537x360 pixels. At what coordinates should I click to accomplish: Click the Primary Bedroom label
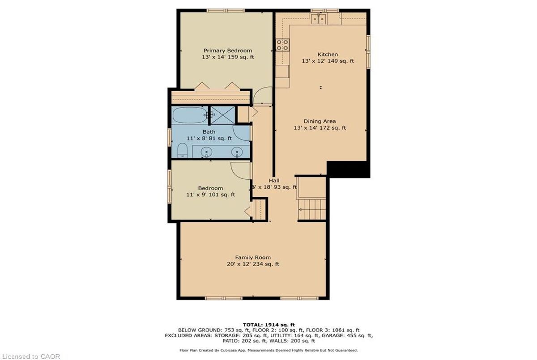228,51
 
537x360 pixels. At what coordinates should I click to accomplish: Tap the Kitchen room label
328,55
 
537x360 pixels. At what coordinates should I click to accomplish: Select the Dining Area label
320,121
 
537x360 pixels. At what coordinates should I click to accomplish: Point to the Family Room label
253,258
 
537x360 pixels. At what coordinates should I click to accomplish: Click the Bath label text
209,132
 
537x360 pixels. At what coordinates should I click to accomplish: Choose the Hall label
274,180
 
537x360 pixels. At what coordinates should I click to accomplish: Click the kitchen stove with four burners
282,45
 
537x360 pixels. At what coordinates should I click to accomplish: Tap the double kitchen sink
319,19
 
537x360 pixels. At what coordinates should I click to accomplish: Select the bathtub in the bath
190,115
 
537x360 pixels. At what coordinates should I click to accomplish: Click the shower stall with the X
222,115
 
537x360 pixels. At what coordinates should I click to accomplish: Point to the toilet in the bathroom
182,150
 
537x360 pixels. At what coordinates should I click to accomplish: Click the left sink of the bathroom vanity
206,152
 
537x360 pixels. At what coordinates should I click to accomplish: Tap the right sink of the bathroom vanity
237,152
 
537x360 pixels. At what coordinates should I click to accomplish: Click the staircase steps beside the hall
312,209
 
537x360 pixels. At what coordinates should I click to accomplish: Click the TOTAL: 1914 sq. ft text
269,325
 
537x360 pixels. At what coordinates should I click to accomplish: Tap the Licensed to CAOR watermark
30,356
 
